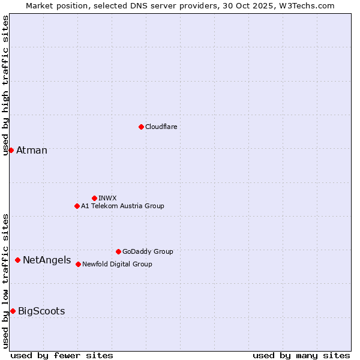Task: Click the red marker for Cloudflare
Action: pyautogui.click(x=141, y=127)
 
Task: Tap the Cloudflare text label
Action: pyautogui.click(x=161, y=127)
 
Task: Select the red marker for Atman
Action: pyautogui.click(x=11, y=150)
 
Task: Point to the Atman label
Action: pyautogui.click(x=32, y=151)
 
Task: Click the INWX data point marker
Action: pyautogui.click(x=94, y=198)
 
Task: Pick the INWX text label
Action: pyautogui.click(x=107, y=198)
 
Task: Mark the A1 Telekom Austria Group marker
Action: pyautogui.click(x=77, y=206)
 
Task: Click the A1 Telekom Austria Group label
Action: pyautogui.click(x=122, y=206)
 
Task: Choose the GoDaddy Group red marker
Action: pyautogui.click(x=118, y=251)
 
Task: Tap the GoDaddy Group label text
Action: pyautogui.click(x=148, y=252)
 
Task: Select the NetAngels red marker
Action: pyautogui.click(x=17, y=260)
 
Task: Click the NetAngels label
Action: pyautogui.click(x=47, y=260)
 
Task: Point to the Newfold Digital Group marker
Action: pyautogui.click(x=78, y=264)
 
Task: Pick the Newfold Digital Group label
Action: pyautogui.click(x=117, y=264)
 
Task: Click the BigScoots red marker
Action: pyautogui.click(x=13, y=311)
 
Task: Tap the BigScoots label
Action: pyautogui.click(x=41, y=311)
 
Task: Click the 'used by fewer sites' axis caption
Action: pyautogui.click(x=62, y=355)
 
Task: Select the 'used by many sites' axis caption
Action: pyautogui.click(x=301, y=355)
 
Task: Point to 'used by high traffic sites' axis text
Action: pyautogui.click(x=6, y=85)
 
